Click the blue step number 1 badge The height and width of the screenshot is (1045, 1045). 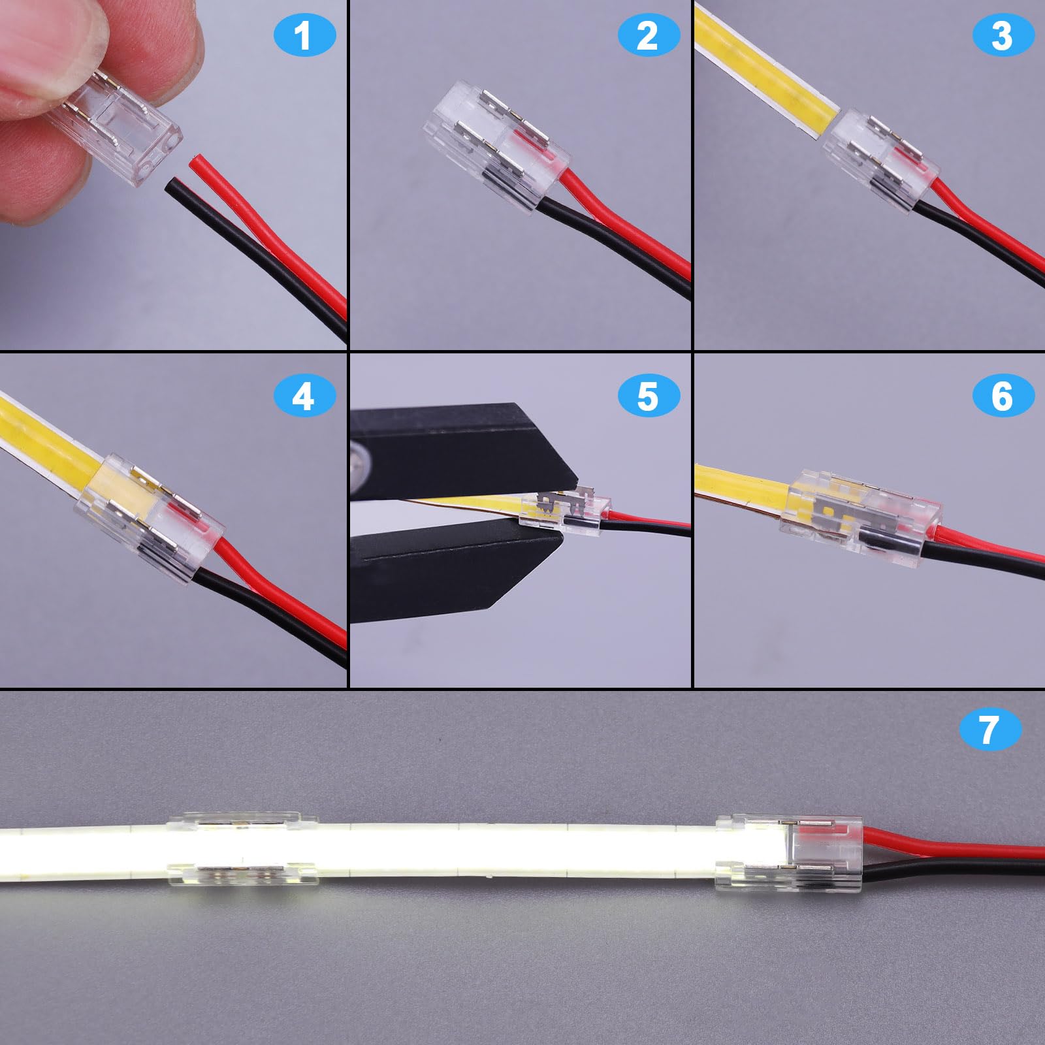pyautogui.click(x=303, y=36)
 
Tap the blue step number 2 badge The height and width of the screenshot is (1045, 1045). pyautogui.click(x=647, y=36)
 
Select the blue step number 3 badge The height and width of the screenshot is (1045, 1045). pyautogui.click(x=1003, y=36)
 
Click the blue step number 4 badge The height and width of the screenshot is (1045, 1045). pyautogui.click(x=303, y=396)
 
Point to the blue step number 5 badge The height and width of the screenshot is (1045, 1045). pyautogui.click(x=647, y=396)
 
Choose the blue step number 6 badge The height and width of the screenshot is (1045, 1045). pyautogui.click(x=1003, y=396)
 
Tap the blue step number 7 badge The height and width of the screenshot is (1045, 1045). pyautogui.click(x=989, y=730)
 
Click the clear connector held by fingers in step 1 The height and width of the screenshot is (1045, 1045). pyautogui.click(x=131, y=131)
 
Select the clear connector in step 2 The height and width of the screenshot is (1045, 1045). pyautogui.click(x=496, y=147)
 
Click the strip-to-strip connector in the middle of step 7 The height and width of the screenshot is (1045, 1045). pyautogui.click(x=243, y=849)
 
